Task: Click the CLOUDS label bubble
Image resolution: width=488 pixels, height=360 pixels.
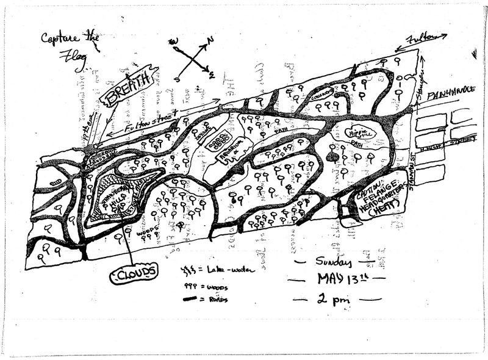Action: point(134,272)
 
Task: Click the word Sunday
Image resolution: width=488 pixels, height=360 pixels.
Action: point(333,262)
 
